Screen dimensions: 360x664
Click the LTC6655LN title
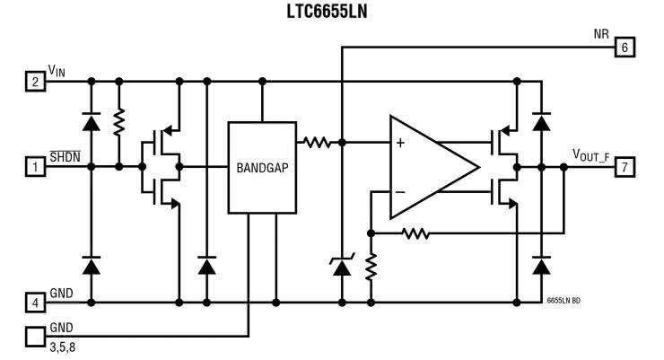331,12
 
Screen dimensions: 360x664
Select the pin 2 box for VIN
35,83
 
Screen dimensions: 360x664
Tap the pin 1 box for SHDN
35,165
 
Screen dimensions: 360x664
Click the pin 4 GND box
35,302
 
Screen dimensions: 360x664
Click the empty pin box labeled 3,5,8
35,337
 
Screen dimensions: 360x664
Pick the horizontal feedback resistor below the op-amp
415,234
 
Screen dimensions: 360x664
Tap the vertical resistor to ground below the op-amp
371,267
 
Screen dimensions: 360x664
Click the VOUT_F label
591,154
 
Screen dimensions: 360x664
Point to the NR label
601,34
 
